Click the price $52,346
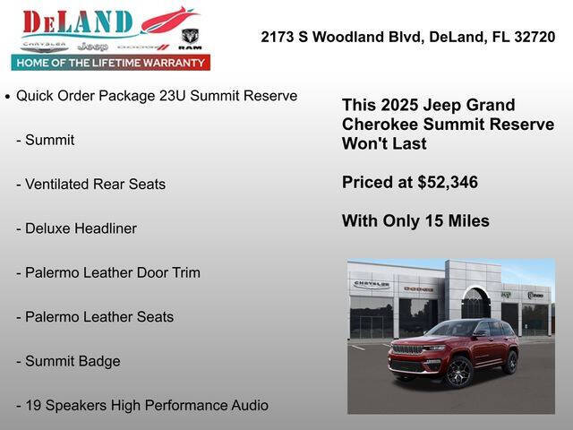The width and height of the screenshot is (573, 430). point(448,183)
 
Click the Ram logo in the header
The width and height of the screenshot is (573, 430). point(190,39)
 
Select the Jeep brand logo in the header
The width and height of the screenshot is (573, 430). point(92,46)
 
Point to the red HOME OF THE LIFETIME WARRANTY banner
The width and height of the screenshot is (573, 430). point(110,63)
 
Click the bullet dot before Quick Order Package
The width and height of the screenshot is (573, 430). point(8,96)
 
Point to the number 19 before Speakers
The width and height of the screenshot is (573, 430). point(33,405)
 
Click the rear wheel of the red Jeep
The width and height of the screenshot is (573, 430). point(510,362)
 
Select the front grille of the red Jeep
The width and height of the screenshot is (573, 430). point(408,348)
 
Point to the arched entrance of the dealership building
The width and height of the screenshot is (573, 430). point(475,303)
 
